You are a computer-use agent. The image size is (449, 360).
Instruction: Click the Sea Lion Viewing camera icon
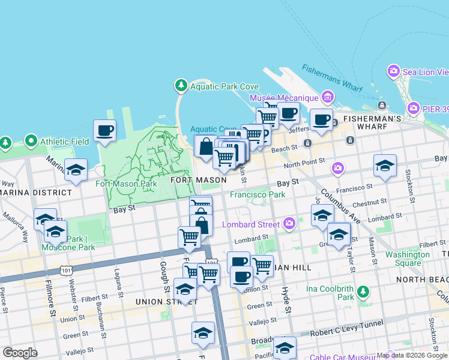click(394, 71)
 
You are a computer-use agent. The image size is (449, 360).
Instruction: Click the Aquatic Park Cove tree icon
click(181, 86)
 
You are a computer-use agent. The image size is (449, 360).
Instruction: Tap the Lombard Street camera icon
click(290, 224)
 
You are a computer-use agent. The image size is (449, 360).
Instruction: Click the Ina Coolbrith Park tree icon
click(363, 292)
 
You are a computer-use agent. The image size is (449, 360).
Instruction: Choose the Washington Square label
click(408, 259)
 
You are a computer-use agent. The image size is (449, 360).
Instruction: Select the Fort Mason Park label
click(127, 184)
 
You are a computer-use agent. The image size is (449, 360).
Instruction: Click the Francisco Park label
click(258, 194)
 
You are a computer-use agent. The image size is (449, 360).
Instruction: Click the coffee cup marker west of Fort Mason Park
click(104, 131)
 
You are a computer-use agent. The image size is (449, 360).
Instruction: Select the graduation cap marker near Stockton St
click(385, 166)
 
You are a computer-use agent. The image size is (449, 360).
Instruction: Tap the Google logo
click(20, 353)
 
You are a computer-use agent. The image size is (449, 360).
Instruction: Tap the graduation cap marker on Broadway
click(285, 349)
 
